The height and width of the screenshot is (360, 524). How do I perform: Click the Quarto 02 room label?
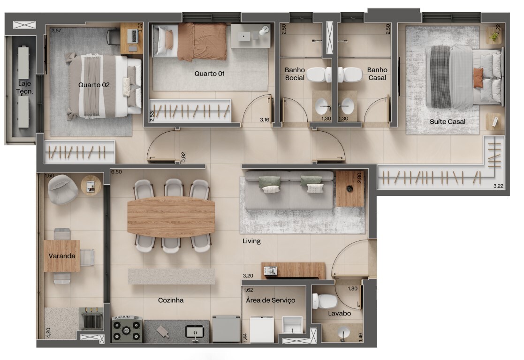94,85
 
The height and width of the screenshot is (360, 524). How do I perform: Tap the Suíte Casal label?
448,121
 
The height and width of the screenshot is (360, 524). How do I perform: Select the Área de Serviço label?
270,300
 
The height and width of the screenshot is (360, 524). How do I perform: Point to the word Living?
251,241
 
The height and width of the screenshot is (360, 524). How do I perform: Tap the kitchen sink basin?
195,331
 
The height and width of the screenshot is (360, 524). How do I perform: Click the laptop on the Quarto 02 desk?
133,36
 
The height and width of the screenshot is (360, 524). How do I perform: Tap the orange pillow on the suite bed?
478,78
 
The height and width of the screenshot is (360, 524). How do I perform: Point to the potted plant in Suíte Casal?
494,36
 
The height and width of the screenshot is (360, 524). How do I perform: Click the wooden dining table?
171,217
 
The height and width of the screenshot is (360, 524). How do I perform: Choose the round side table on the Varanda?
91,185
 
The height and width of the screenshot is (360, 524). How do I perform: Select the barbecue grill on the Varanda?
91,320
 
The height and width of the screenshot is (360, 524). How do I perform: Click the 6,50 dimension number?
116,172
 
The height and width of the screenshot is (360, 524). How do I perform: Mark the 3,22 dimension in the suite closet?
498,186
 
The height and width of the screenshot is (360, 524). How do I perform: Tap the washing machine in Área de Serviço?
262,329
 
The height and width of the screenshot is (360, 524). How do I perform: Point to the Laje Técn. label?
25,88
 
